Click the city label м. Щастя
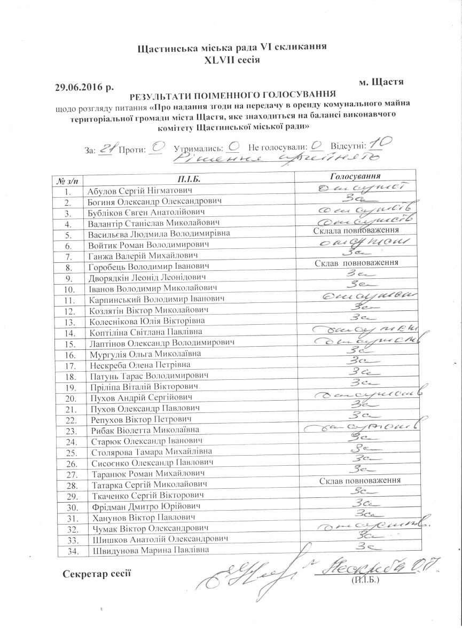click(380, 82)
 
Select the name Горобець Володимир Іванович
click(147, 265)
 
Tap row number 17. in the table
click(68, 366)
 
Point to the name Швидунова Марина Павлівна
click(147, 550)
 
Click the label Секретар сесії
click(96, 574)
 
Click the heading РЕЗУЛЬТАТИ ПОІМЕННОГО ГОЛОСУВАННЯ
click(233, 96)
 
